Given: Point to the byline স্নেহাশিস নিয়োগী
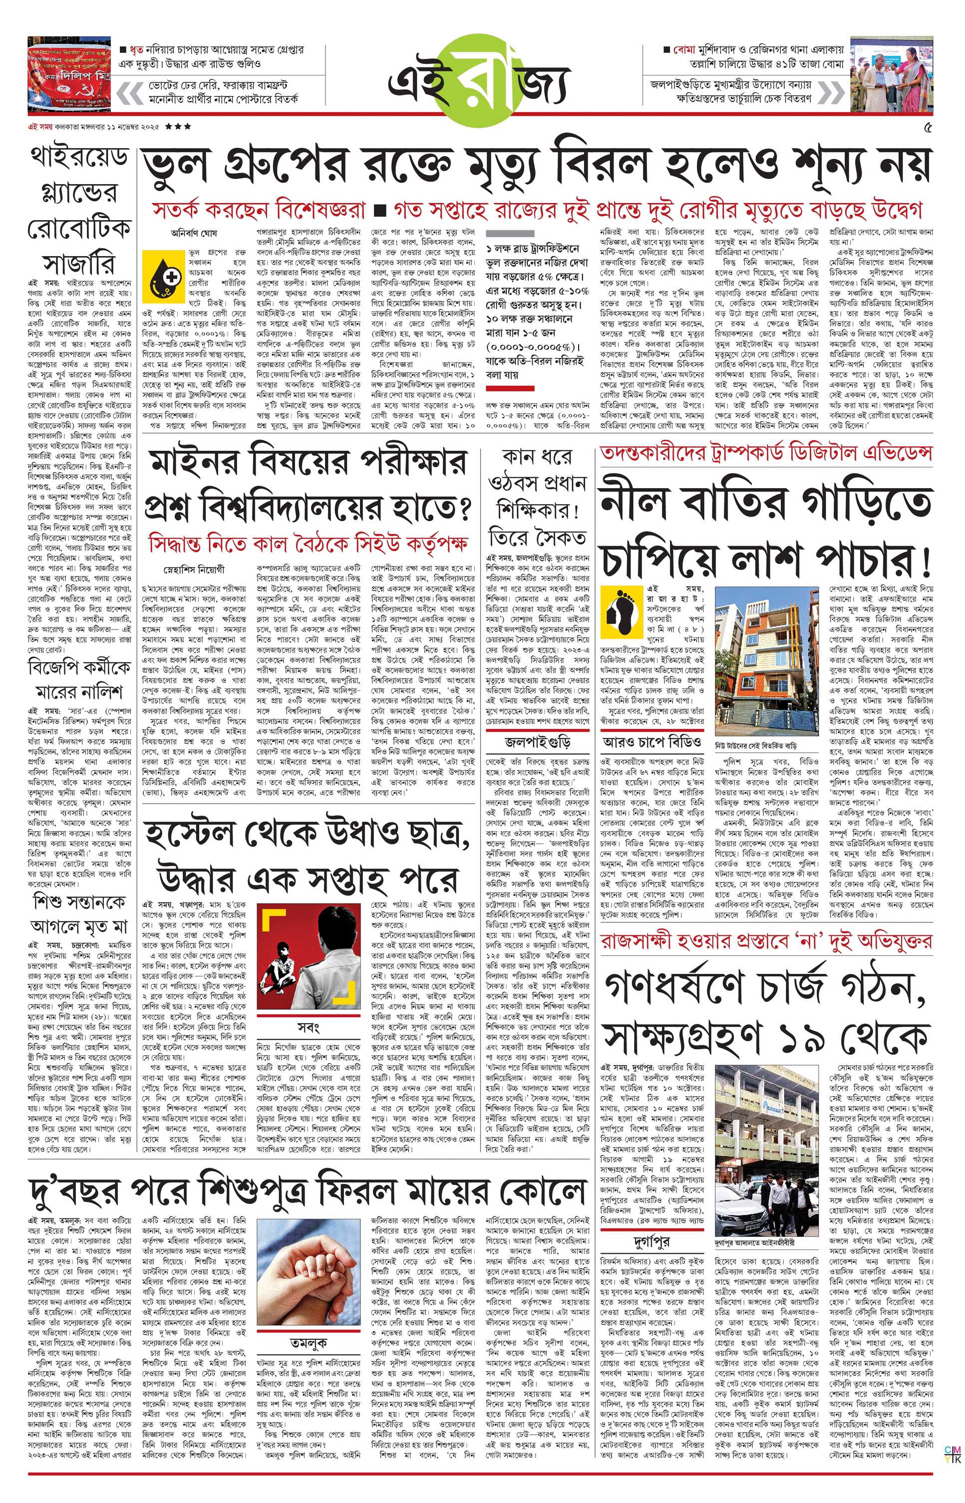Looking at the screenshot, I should click(x=194, y=570).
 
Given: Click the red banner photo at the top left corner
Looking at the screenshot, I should click(x=69, y=74).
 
